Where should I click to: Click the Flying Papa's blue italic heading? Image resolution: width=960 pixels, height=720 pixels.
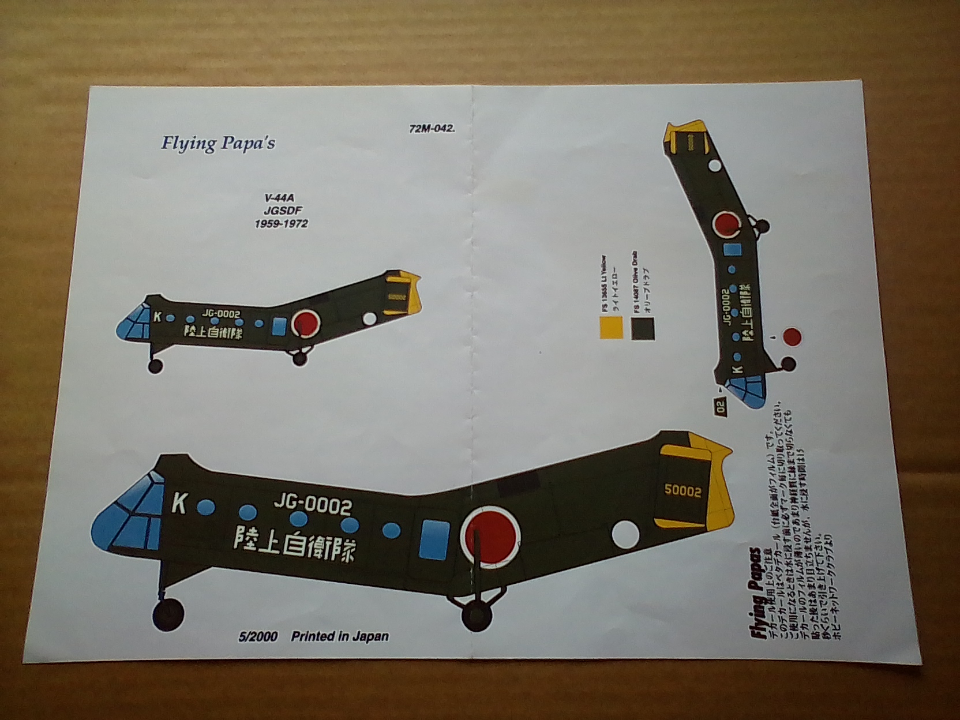pyautogui.click(x=218, y=142)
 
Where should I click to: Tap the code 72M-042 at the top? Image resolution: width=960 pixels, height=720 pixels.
pyautogui.click(x=432, y=129)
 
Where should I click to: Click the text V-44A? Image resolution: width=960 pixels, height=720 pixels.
pyautogui.click(x=279, y=198)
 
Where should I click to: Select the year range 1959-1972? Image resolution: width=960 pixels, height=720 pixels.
pyautogui.click(x=281, y=223)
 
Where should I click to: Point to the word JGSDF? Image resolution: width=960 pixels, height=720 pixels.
pyautogui.click(x=283, y=211)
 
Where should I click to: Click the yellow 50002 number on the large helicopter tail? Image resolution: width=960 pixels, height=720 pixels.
pyautogui.click(x=682, y=491)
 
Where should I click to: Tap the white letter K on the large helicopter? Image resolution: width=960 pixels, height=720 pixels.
pyautogui.click(x=179, y=504)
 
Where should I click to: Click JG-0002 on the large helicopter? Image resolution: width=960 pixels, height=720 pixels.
pyautogui.click(x=312, y=505)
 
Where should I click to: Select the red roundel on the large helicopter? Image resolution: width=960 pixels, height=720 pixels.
pyautogui.click(x=491, y=534)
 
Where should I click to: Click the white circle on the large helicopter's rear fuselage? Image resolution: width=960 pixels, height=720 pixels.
pyautogui.click(x=626, y=534)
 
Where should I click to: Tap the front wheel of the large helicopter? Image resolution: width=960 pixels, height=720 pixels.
pyautogui.click(x=169, y=613)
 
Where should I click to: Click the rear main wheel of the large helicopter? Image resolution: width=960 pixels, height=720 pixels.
pyautogui.click(x=477, y=614)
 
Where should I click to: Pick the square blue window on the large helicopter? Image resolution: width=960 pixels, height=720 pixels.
pyautogui.click(x=434, y=538)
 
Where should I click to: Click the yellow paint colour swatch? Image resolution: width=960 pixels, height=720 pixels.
pyautogui.click(x=611, y=328)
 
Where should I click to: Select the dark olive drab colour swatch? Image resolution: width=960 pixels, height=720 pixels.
pyautogui.click(x=643, y=328)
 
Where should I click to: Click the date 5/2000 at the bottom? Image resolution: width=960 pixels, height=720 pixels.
pyautogui.click(x=258, y=636)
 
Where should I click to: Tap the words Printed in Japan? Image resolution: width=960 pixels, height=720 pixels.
pyautogui.click(x=340, y=636)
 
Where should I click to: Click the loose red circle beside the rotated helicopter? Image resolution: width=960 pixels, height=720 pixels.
pyautogui.click(x=792, y=337)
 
